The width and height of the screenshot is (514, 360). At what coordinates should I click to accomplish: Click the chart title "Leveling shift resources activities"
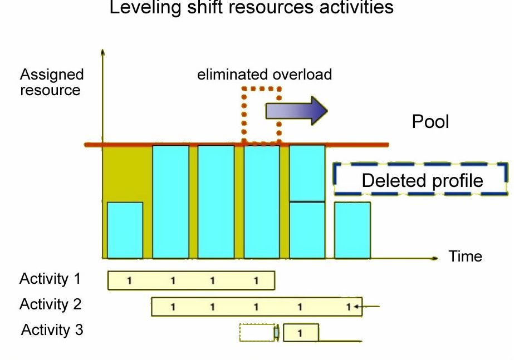tap(251, 8)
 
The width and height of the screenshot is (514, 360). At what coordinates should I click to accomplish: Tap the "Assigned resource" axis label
tap(51, 82)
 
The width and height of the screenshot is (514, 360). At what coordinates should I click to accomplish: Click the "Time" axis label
tap(465, 257)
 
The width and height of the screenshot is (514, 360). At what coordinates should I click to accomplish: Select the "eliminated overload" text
tap(265, 75)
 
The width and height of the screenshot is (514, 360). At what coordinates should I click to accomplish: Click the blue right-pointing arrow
tap(296, 111)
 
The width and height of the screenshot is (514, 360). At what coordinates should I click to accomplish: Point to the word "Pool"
tap(430, 122)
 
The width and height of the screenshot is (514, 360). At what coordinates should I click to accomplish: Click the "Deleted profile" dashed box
tap(421, 180)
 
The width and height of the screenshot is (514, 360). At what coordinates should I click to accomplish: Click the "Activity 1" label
tap(50, 279)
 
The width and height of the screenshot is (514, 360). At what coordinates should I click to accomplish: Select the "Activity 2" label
tap(50, 304)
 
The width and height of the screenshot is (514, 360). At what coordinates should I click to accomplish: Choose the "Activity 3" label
tap(52, 330)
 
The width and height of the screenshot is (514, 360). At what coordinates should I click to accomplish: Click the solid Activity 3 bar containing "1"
tap(301, 333)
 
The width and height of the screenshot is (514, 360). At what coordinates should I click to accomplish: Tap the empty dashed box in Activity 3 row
tap(257, 333)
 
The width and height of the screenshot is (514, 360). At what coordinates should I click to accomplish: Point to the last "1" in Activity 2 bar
tap(348, 307)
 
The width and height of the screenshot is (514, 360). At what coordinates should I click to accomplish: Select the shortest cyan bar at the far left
tap(125, 230)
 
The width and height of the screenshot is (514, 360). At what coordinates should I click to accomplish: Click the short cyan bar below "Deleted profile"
tap(352, 230)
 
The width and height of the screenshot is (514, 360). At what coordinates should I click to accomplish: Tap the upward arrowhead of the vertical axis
tap(102, 52)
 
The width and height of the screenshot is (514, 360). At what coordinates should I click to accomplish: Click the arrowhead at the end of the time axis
tap(435, 258)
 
